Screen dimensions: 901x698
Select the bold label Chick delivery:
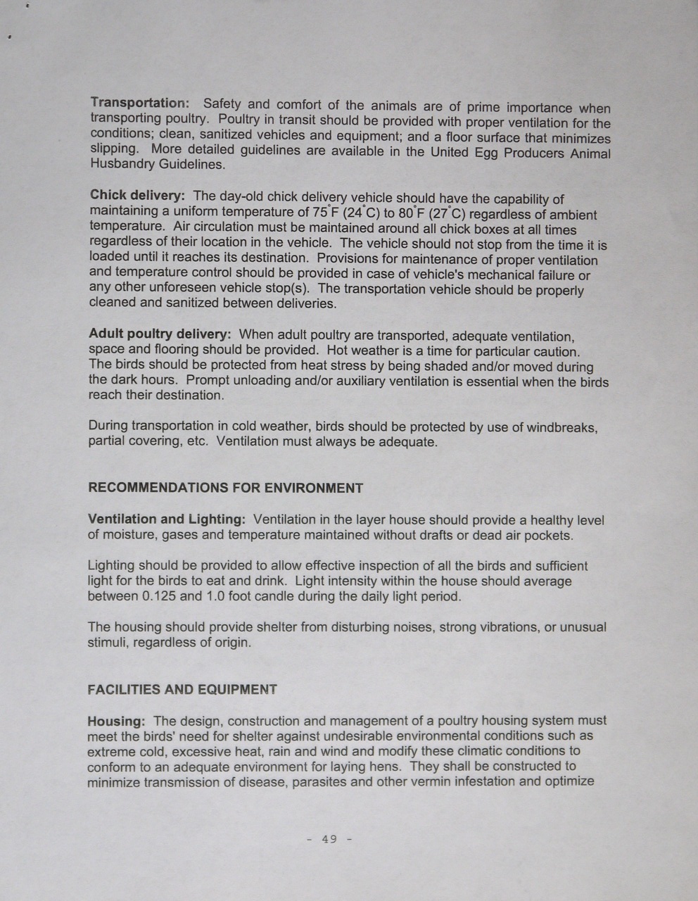[x=137, y=195]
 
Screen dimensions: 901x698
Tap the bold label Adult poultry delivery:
[x=160, y=334]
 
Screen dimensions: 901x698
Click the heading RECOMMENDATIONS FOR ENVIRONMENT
[x=225, y=488]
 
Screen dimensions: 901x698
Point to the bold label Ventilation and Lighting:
[x=166, y=519]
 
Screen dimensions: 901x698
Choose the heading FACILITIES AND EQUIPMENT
[x=182, y=690]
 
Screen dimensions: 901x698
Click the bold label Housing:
[x=116, y=721]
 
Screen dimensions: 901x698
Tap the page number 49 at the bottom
[x=329, y=839]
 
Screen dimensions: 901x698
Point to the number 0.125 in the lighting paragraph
[x=160, y=596]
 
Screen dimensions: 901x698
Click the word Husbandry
[x=121, y=165]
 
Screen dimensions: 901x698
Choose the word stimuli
[x=106, y=642]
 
